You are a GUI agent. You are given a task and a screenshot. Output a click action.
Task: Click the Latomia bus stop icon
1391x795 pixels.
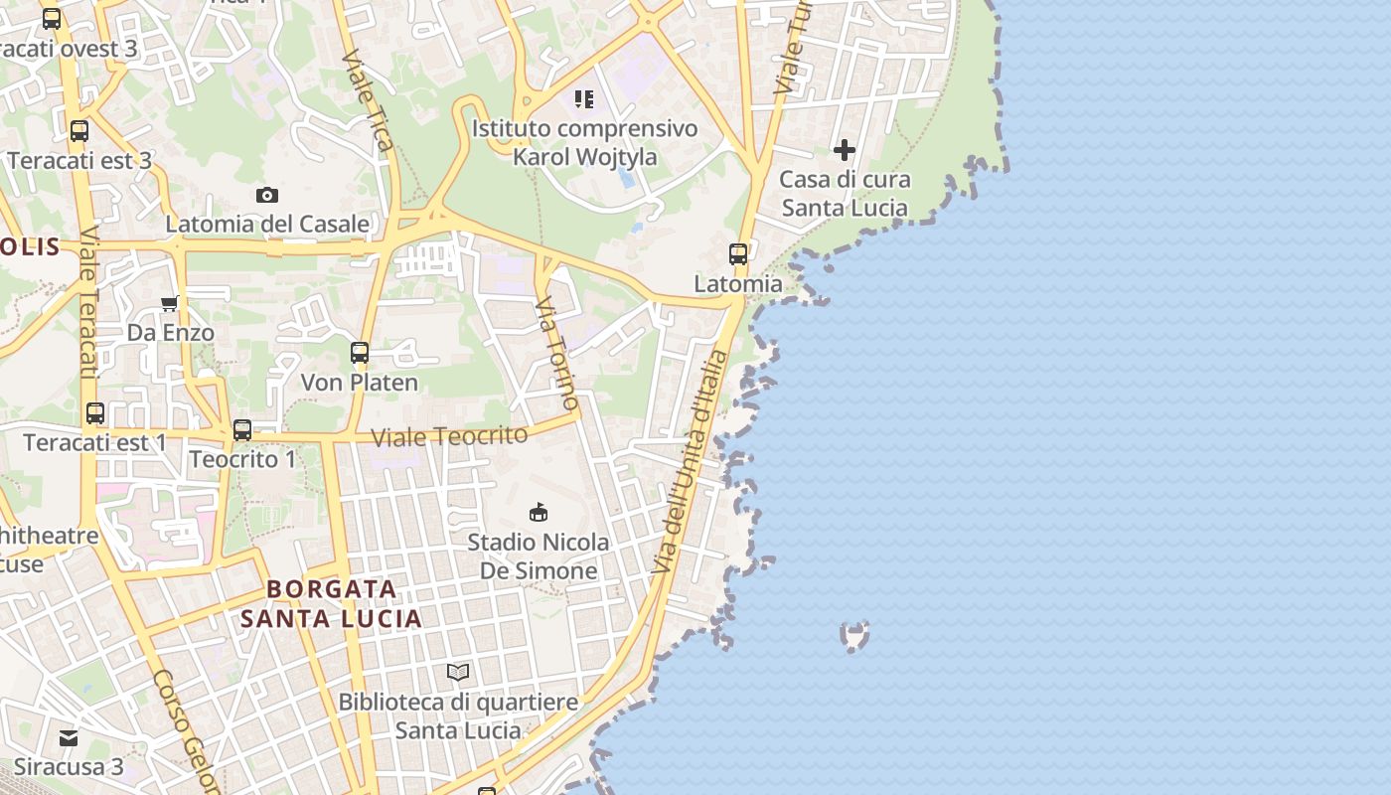point(738,253)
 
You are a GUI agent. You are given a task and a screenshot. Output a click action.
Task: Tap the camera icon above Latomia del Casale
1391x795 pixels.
point(266,195)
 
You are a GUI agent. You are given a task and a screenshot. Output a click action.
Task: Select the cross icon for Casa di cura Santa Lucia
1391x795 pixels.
point(845,150)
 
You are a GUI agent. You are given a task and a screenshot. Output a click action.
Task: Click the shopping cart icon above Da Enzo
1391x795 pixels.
point(170,302)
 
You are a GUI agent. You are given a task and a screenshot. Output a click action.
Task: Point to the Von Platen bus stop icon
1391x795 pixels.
point(360,352)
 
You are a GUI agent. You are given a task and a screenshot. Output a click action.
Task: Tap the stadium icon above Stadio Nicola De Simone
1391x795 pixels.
point(539,512)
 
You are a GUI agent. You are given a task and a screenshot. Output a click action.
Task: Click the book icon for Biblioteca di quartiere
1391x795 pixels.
point(458,672)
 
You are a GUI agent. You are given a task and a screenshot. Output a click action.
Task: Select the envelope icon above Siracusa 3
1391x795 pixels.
point(69,737)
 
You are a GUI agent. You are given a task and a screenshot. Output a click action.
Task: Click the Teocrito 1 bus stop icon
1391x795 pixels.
point(242,430)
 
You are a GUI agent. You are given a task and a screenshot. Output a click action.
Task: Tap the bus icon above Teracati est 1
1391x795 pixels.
point(95,412)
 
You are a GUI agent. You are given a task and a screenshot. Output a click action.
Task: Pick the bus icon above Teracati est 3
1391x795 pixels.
point(79,130)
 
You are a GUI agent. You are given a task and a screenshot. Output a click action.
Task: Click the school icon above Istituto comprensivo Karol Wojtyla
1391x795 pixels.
point(584,98)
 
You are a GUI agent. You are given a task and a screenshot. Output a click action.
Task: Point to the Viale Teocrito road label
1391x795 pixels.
point(449,435)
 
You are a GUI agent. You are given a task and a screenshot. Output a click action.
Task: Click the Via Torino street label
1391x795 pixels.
point(557,353)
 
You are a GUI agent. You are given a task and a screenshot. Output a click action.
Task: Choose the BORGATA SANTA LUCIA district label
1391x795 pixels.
point(332,603)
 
